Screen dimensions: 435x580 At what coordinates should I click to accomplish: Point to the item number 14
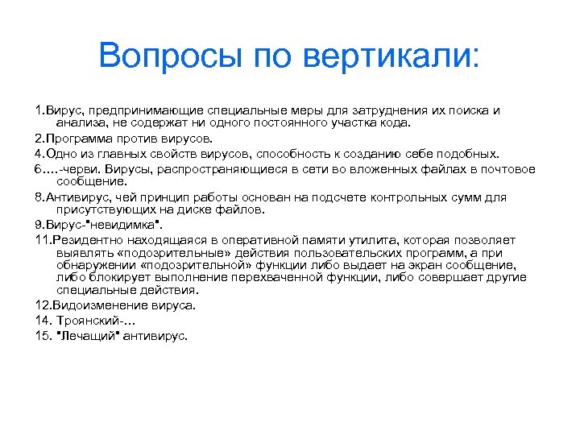coord(42,321)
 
